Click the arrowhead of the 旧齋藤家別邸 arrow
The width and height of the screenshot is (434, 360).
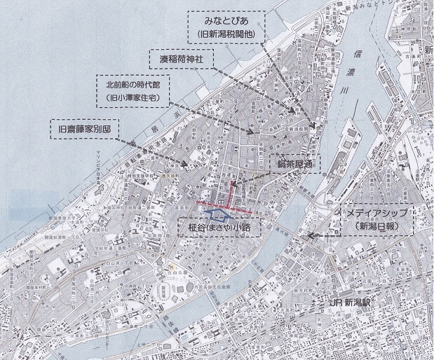186,165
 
